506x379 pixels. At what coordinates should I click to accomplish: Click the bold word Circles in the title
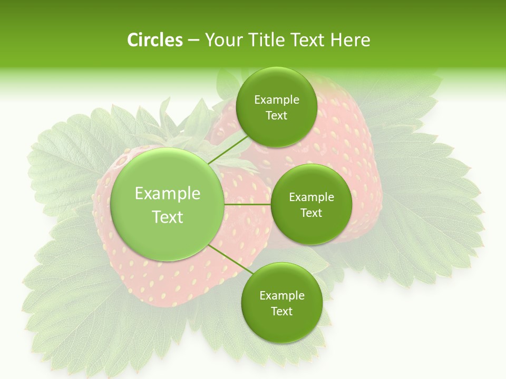pos(154,40)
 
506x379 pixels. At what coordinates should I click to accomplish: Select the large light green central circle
pos(168,205)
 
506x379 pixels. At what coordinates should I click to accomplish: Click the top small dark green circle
pos(276,107)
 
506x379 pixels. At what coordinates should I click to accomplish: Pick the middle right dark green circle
pos(312,205)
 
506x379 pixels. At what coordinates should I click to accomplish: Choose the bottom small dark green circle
pos(281,303)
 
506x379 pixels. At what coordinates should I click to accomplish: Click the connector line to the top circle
pos(228,150)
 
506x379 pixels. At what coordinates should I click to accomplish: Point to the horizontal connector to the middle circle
pos(247,204)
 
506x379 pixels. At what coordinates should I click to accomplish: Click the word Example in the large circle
pos(168,194)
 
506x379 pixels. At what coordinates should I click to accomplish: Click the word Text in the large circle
pos(168,217)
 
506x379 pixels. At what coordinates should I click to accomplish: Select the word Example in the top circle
pos(276,100)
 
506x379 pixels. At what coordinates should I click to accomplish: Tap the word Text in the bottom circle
pos(281,311)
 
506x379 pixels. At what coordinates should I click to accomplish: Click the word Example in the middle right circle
pos(312,197)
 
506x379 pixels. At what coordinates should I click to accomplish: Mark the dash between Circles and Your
pos(193,41)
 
